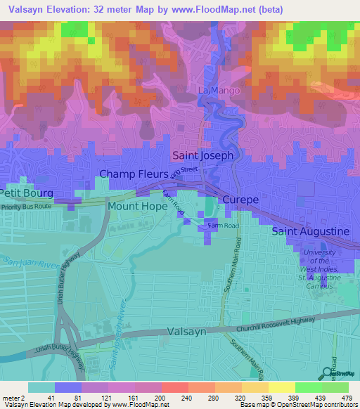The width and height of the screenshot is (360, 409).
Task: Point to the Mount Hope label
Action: pyautogui.click(x=137, y=207)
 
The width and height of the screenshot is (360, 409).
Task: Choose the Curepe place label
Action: pyautogui.click(x=241, y=200)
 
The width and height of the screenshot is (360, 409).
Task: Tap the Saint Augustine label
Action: pyautogui.click(x=310, y=231)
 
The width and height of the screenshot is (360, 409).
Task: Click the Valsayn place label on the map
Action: pyautogui.click(x=186, y=332)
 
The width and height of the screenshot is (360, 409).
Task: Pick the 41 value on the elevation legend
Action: pyautogui.click(x=41, y=398)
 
